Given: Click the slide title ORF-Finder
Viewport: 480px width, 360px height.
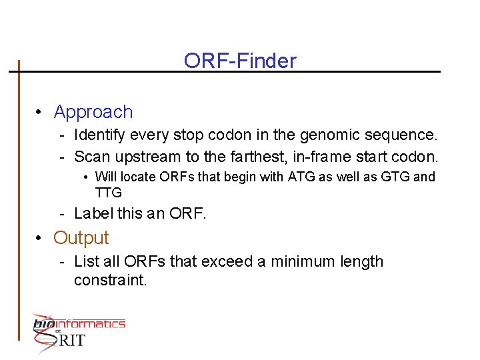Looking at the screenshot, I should pos(240,61).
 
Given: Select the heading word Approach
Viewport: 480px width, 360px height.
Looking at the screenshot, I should pos(93,112).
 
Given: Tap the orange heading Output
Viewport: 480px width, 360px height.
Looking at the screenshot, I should pos(81,237).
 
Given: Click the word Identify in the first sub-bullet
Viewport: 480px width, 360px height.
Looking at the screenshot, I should pos(101,136).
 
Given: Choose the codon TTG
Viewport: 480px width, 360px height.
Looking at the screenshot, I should pos(109,193).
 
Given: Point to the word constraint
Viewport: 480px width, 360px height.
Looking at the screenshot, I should pos(110,280).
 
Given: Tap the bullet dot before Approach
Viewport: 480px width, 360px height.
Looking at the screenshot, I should pos(41,113).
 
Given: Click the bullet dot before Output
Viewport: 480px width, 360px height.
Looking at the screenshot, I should pos(41,238).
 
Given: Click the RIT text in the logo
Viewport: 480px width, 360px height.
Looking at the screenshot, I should pos(72,341).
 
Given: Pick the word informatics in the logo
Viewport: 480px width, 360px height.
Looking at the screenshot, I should pos(89,324).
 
